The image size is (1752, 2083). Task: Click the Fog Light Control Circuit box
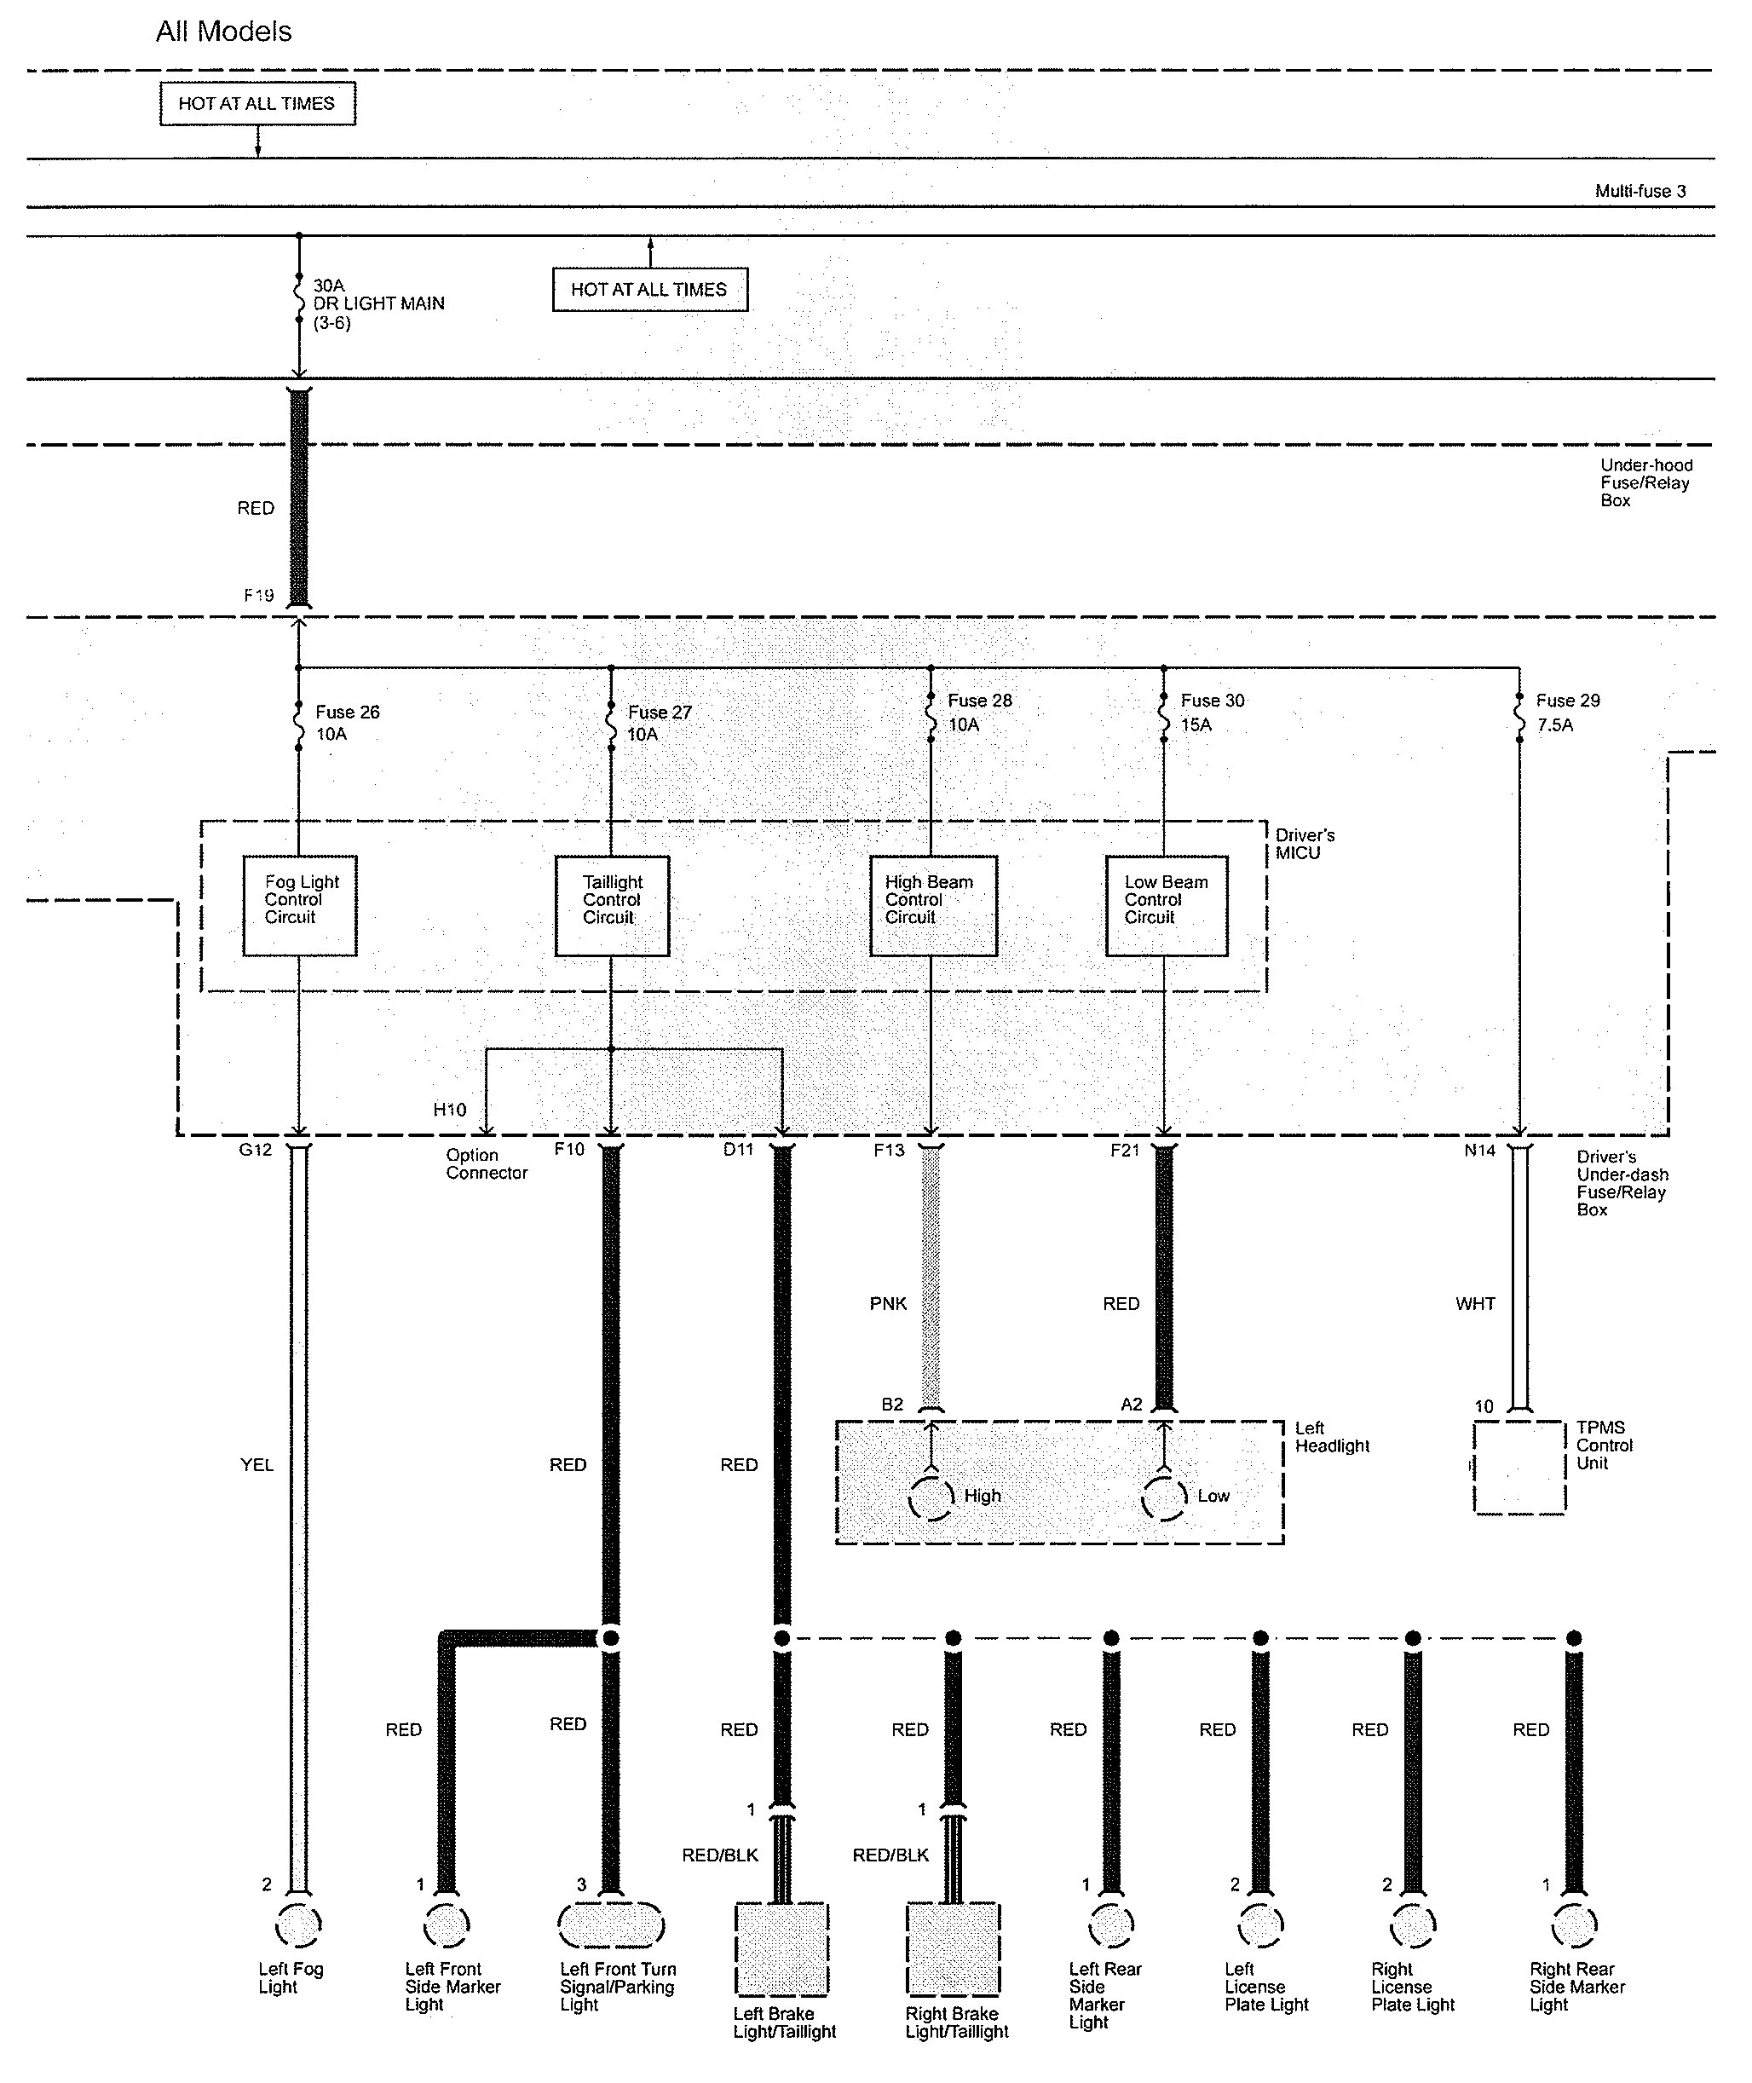click(x=299, y=905)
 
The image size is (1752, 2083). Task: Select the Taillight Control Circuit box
click(x=611, y=905)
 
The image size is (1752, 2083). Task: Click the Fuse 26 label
click(x=347, y=713)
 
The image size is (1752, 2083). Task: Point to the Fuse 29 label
click(x=1567, y=701)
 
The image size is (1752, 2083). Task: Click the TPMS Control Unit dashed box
click(x=1519, y=1466)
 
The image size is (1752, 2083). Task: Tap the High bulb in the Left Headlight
click(x=931, y=1498)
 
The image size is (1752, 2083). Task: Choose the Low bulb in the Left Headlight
click(x=1164, y=1498)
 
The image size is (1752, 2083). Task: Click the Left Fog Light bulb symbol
click(x=298, y=1928)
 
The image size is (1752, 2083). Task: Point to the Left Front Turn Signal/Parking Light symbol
click(x=611, y=1926)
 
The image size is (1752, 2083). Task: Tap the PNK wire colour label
click(x=888, y=1303)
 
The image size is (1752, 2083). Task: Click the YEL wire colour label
click(x=256, y=1464)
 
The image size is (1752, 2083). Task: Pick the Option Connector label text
click(x=486, y=1164)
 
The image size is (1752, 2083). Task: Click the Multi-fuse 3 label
click(x=1640, y=191)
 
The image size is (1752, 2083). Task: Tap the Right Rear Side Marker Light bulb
click(x=1573, y=1928)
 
